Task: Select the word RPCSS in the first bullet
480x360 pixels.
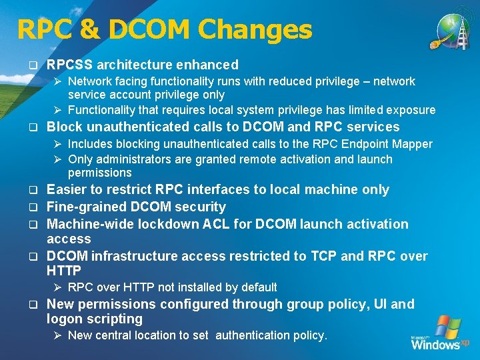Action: tap(70, 65)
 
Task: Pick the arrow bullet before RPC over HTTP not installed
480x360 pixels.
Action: tap(58, 287)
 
